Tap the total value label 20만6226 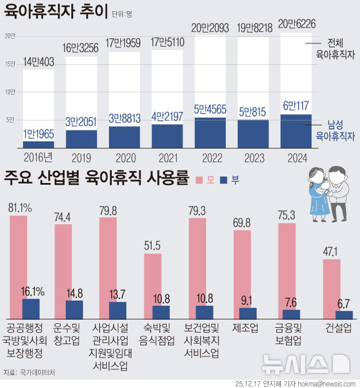click(296, 25)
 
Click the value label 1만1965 click(38, 134)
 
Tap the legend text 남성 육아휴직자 click(335, 130)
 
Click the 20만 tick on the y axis click(10, 36)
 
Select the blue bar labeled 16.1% click(31, 309)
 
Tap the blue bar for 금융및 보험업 click(291, 314)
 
